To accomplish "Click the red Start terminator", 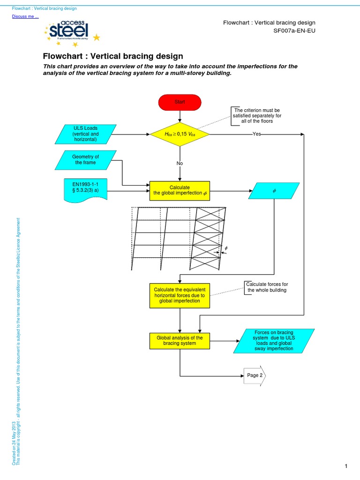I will click(180, 102).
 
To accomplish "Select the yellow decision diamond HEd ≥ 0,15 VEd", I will click(180, 134).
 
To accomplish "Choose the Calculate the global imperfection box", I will click(180, 191).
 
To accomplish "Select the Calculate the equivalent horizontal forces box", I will click(180, 295).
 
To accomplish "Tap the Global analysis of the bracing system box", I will click(180, 340).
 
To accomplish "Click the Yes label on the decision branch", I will click(257, 134).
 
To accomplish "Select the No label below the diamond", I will click(180, 164).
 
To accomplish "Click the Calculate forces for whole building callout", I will click(267, 287).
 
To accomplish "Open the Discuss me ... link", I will click(25, 17).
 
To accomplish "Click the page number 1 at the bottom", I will click(345, 466).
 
